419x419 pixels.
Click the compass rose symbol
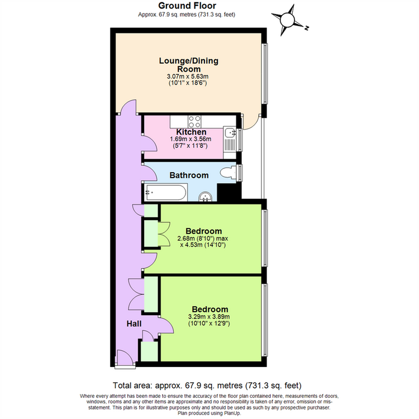pyautogui.click(x=287, y=20)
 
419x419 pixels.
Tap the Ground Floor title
pyautogui.click(x=187, y=6)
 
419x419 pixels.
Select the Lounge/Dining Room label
pyautogui.click(x=189, y=65)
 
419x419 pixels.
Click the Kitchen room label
pyautogui.click(x=191, y=132)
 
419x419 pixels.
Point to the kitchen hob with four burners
pyautogui.click(x=194, y=122)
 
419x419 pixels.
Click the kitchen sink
pyautogui.click(x=230, y=132)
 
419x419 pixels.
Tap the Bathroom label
pyautogui.click(x=189, y=175)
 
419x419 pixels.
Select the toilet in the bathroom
pyautogui.click(x=228, y=173)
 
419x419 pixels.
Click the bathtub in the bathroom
pyautogui.click(x=166, y=192)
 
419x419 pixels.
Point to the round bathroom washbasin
pyautogui.click(x=205, y=197)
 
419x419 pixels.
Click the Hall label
pyautogui.click(x=134, y=324)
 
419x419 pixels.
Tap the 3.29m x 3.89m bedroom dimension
pyautogui.click(x=209, y=317)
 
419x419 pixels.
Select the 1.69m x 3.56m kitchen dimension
pyautogui.click(x=191, y=139)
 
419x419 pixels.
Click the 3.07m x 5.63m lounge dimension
pyautogui.click(x=188, y=77)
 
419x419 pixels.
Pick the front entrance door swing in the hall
pyautogui.click(x=125, y=357)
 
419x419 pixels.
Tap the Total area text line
pyautogui.click(x=207, y=385)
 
